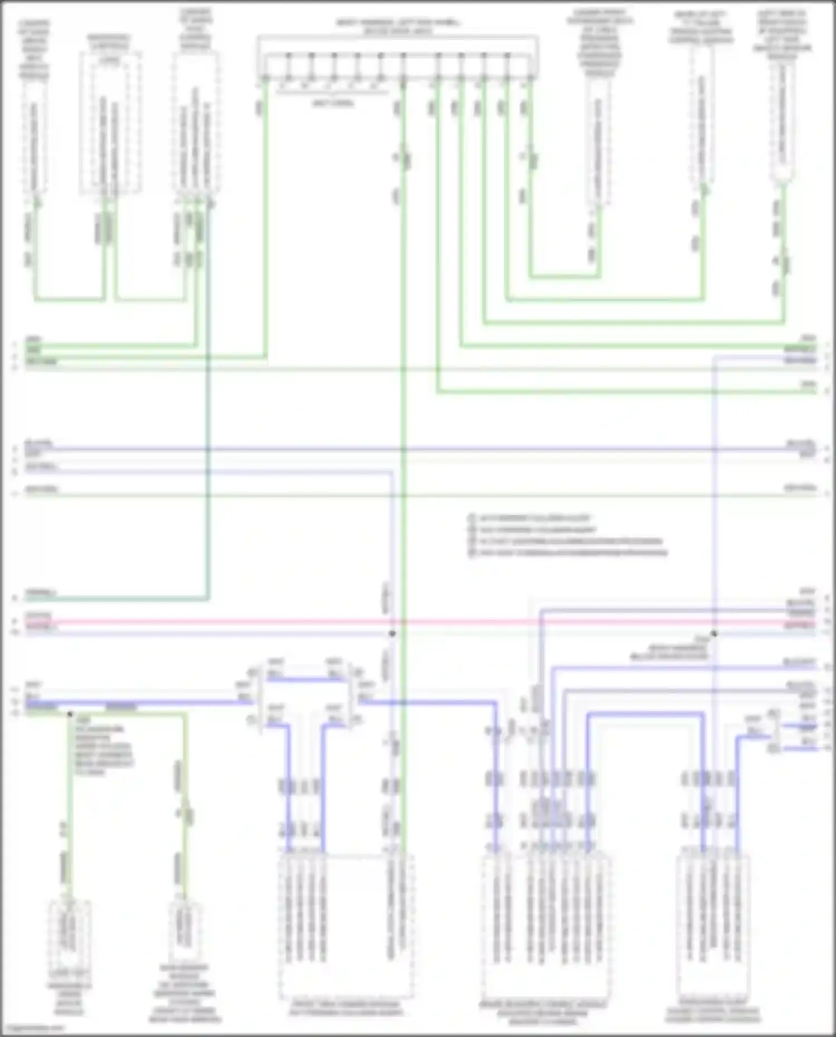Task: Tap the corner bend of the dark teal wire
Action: pyautogui.click(x=208, y=598)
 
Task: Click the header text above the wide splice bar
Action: pyautogui.click(x=397, y=27)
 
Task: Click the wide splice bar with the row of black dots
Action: pyautogui.click(x=397, y=56)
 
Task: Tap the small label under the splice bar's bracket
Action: pyautogui.click(x=333, y=103)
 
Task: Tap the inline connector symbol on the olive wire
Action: pyautogui.click(x=187, y=814)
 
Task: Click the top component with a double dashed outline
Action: pyautogui.click(x=110, y=123)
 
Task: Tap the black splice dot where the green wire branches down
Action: pyautogui.click(x=70, y=714)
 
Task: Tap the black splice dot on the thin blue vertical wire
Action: pyautogui.click(x=714, y=634)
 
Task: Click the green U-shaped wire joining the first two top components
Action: pyautogui.click(x=70, y=300)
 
